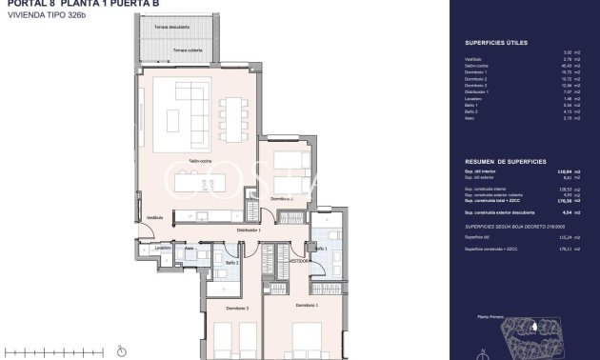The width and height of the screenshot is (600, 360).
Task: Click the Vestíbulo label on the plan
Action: click(x=153, y=218)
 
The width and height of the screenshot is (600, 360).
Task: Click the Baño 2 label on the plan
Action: click(x=230, y=260)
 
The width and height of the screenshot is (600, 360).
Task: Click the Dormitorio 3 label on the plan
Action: click(x=238, y=308)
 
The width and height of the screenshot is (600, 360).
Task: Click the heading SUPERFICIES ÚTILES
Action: click(x=495, y=43)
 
